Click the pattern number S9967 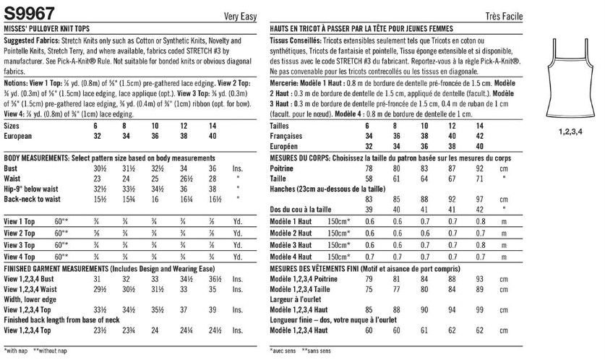(x=24, y=9)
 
